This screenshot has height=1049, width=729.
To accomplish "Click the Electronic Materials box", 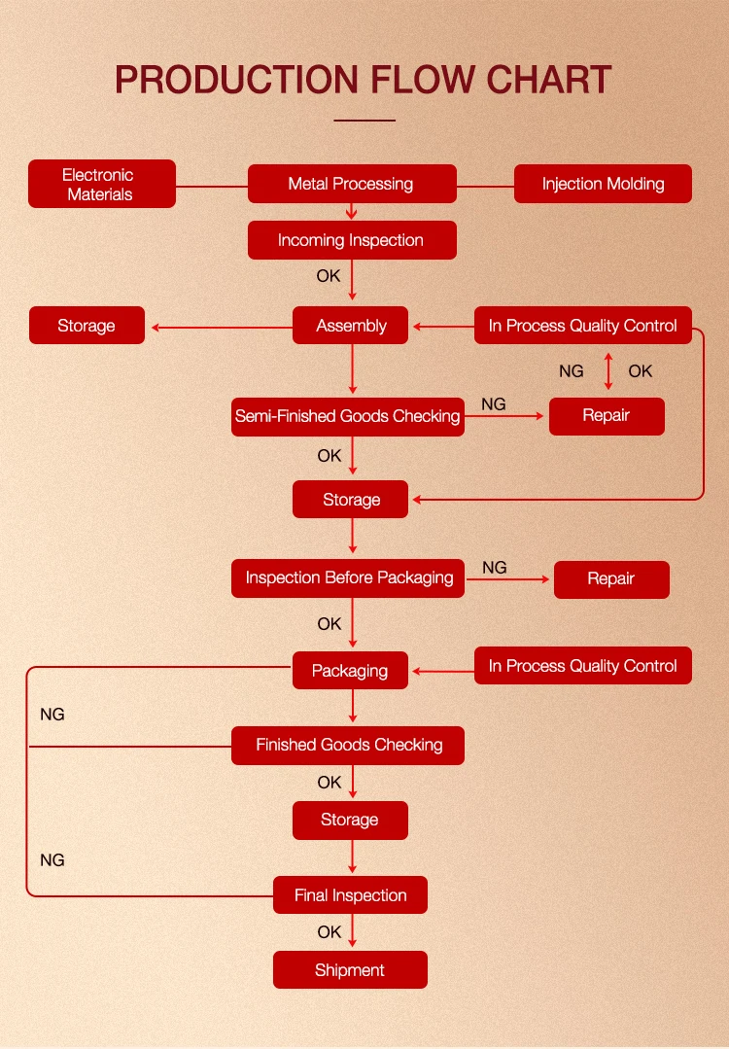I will click(x=102, y=184).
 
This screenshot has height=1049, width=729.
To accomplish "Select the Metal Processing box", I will click(x=351, y=184).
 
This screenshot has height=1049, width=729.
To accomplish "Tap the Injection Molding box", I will click(x=603, y=184).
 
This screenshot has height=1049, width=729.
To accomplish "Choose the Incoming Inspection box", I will click(x=351, y=240).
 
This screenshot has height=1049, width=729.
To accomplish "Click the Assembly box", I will click(x=351, y=326).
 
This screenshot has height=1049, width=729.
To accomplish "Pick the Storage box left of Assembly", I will click(x=87, y=326).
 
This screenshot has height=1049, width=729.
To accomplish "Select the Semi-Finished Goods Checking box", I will click(x=347, y=416).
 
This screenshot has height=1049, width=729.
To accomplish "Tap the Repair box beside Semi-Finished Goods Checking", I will click(x=607, y=416).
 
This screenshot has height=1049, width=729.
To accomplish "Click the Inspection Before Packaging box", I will click(x=348, y=577).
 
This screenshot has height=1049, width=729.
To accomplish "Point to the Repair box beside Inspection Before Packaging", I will click(x=611, y=578).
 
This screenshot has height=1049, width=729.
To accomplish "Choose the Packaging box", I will click(x=350, y=670).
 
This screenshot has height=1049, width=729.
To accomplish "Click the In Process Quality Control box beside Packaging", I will click(x=583, y=666).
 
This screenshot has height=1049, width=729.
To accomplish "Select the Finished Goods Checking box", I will click(x=348, y=745).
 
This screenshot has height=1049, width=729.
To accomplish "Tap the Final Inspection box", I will click(x=350, y=895).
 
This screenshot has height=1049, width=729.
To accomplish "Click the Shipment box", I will click(x=350, y=970).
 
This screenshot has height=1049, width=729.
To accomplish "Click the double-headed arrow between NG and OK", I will click(x=608, y=371).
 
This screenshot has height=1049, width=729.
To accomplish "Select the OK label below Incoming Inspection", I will click(x=329, y=276).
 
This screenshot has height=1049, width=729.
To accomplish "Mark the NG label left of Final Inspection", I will click(x=52, y=860).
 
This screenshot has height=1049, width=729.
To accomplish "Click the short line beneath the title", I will click(x=364, y=121).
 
